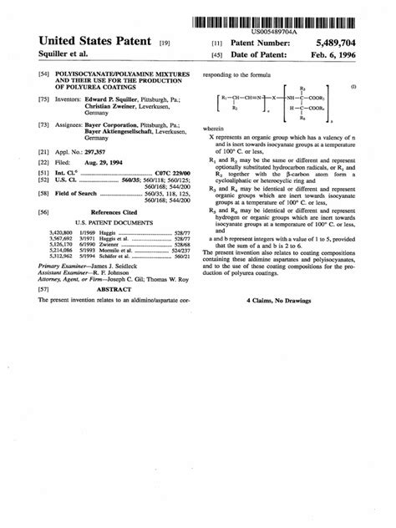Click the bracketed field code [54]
(43, 75)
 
